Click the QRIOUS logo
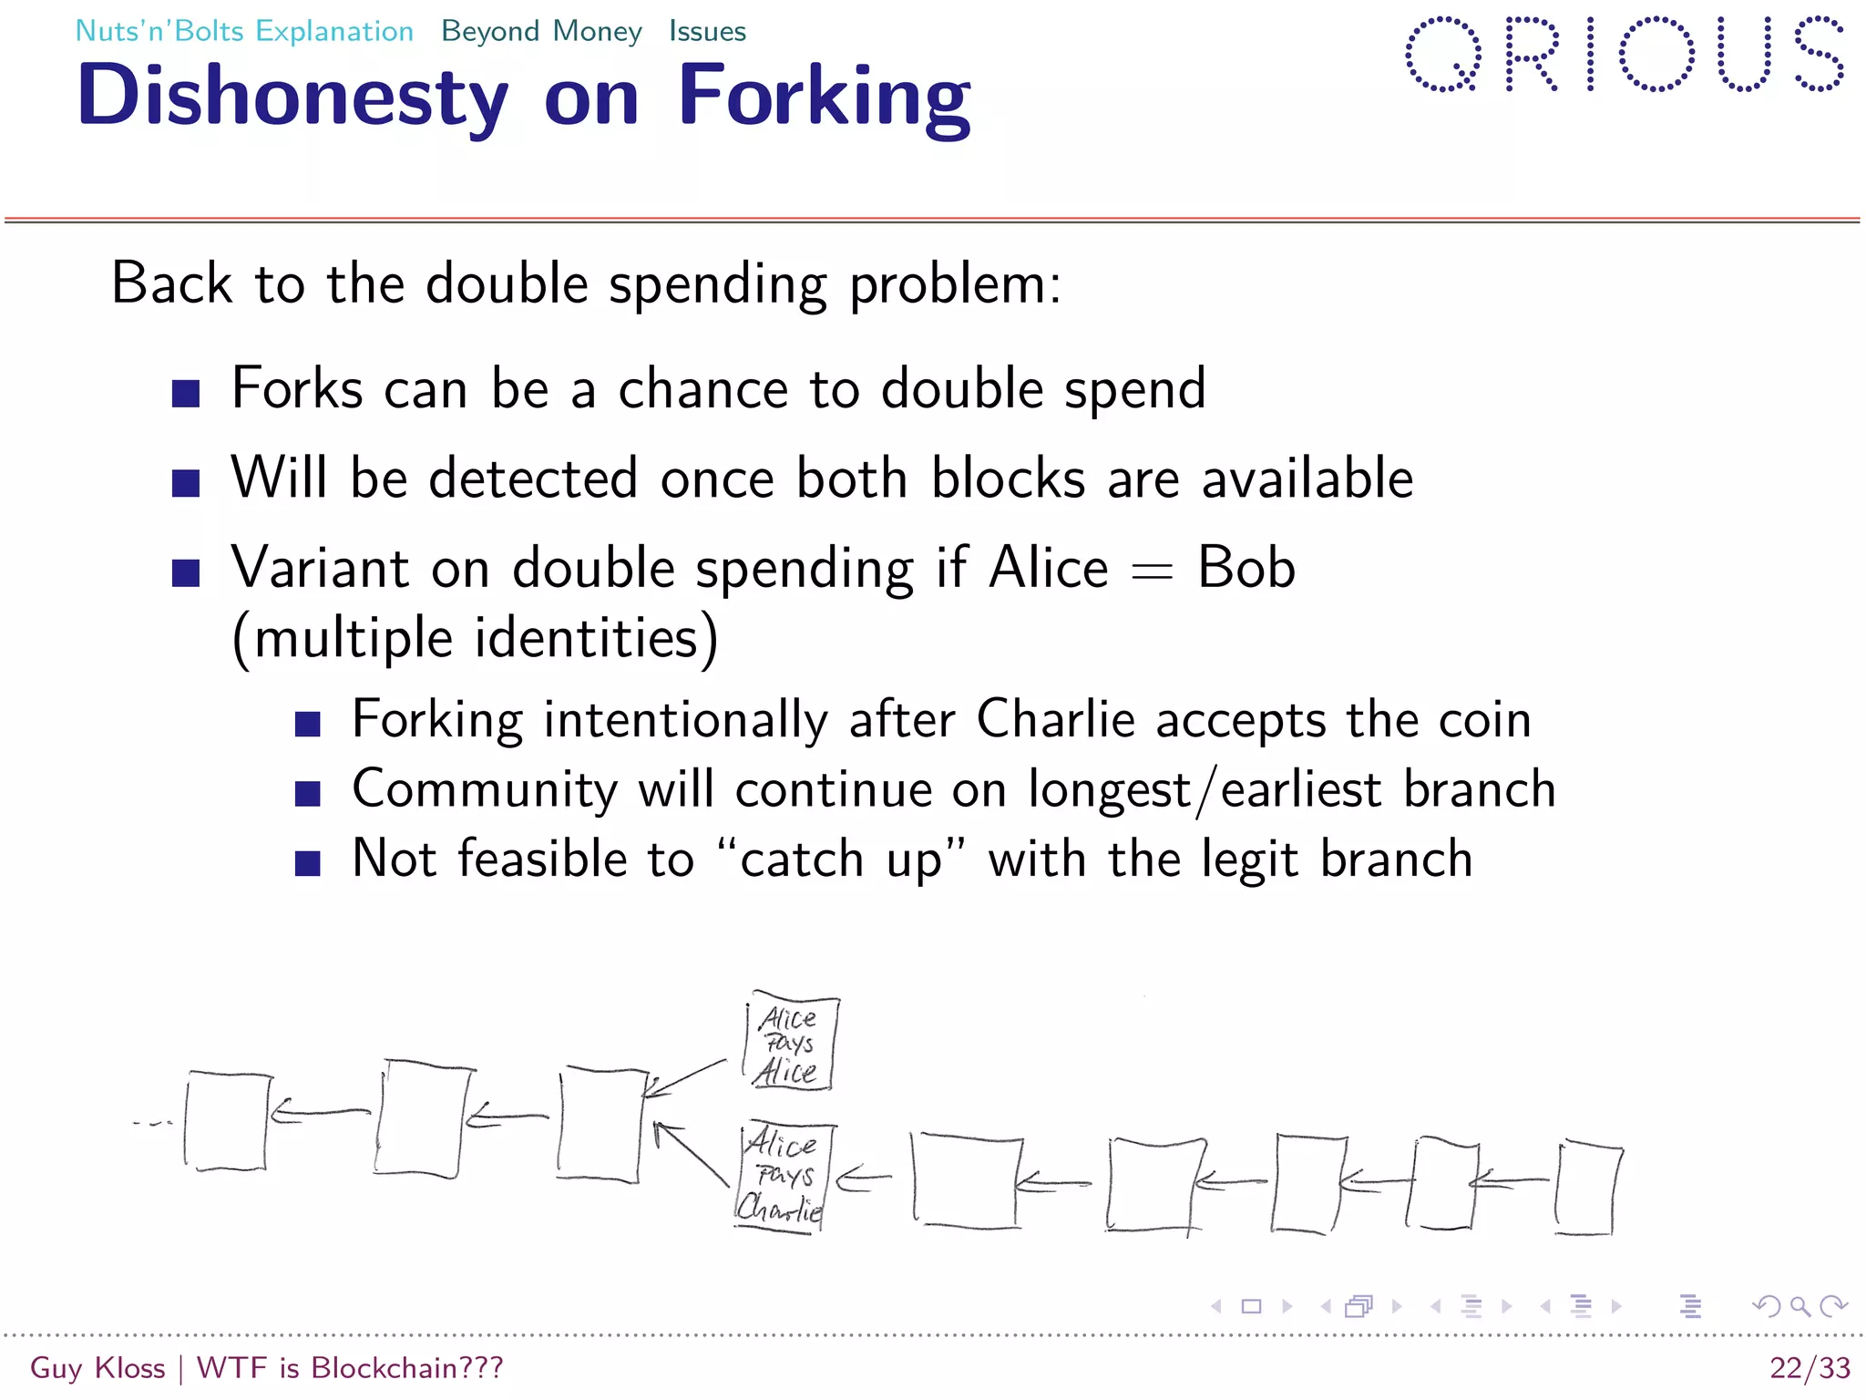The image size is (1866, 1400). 1625,55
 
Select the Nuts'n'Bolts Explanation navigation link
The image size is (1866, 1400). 244,31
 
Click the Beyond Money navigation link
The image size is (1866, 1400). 541,31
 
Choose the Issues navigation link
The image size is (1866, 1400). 707,31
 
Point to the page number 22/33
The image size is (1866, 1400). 1810,1367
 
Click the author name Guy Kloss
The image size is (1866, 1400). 97,1367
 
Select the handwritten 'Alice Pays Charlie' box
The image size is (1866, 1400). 782,1177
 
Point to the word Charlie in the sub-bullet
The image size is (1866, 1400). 1055,719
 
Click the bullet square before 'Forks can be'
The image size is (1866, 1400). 186,394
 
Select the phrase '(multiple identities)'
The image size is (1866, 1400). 475,637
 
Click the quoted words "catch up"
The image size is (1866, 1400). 840,859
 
